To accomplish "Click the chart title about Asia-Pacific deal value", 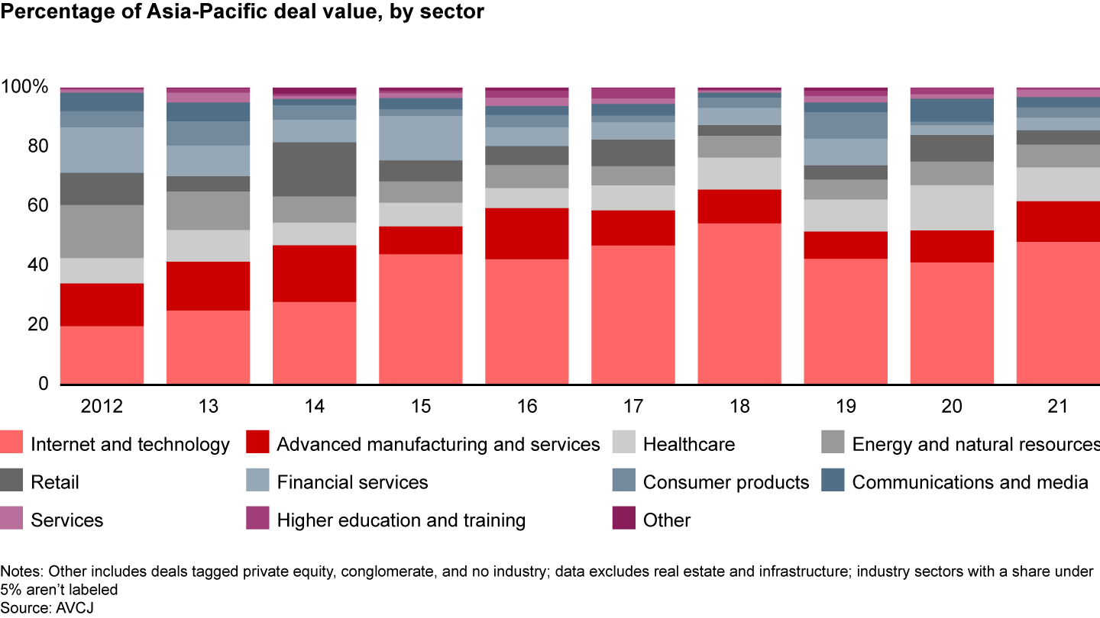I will [242, 13].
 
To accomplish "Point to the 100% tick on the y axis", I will [25, 87].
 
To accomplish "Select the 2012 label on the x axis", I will [102, 407].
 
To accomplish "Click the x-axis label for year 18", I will [739, 407].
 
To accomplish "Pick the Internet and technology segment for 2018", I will [739, 303].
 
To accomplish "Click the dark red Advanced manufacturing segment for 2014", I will [314, 273].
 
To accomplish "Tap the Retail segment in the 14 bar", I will [314, 169].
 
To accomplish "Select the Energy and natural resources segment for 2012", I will [102, 231].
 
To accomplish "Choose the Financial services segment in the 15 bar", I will [420, 137].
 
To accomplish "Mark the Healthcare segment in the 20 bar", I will [951, 208].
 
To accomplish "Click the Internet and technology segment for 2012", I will [102, 355].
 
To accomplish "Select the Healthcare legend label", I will [688, 444].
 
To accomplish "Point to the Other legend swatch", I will [624, 520].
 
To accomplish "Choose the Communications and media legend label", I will [969, 482].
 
